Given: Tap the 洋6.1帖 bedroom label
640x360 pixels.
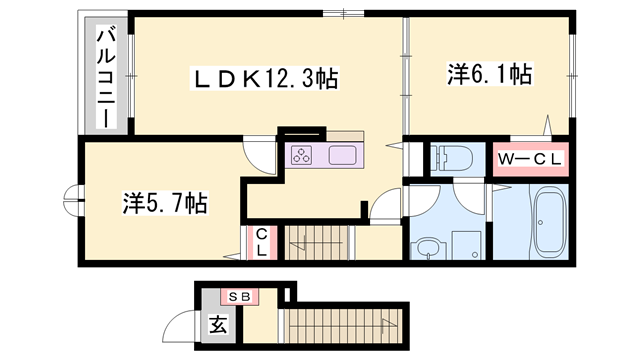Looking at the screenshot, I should coord(488,73).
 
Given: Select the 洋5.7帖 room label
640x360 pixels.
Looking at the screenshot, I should coord(165,203).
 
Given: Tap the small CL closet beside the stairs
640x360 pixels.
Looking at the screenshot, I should coord(260,242).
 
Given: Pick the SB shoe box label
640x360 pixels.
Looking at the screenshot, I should coord(240,296).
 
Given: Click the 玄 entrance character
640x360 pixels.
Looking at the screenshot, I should coord(216,324).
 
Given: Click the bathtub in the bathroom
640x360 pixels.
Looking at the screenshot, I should coord(549,223).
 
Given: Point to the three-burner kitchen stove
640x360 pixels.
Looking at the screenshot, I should coord(303,155).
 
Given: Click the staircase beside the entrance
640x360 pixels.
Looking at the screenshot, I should coord(344,326).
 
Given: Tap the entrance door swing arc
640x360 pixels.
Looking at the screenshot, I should coord(182,325).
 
